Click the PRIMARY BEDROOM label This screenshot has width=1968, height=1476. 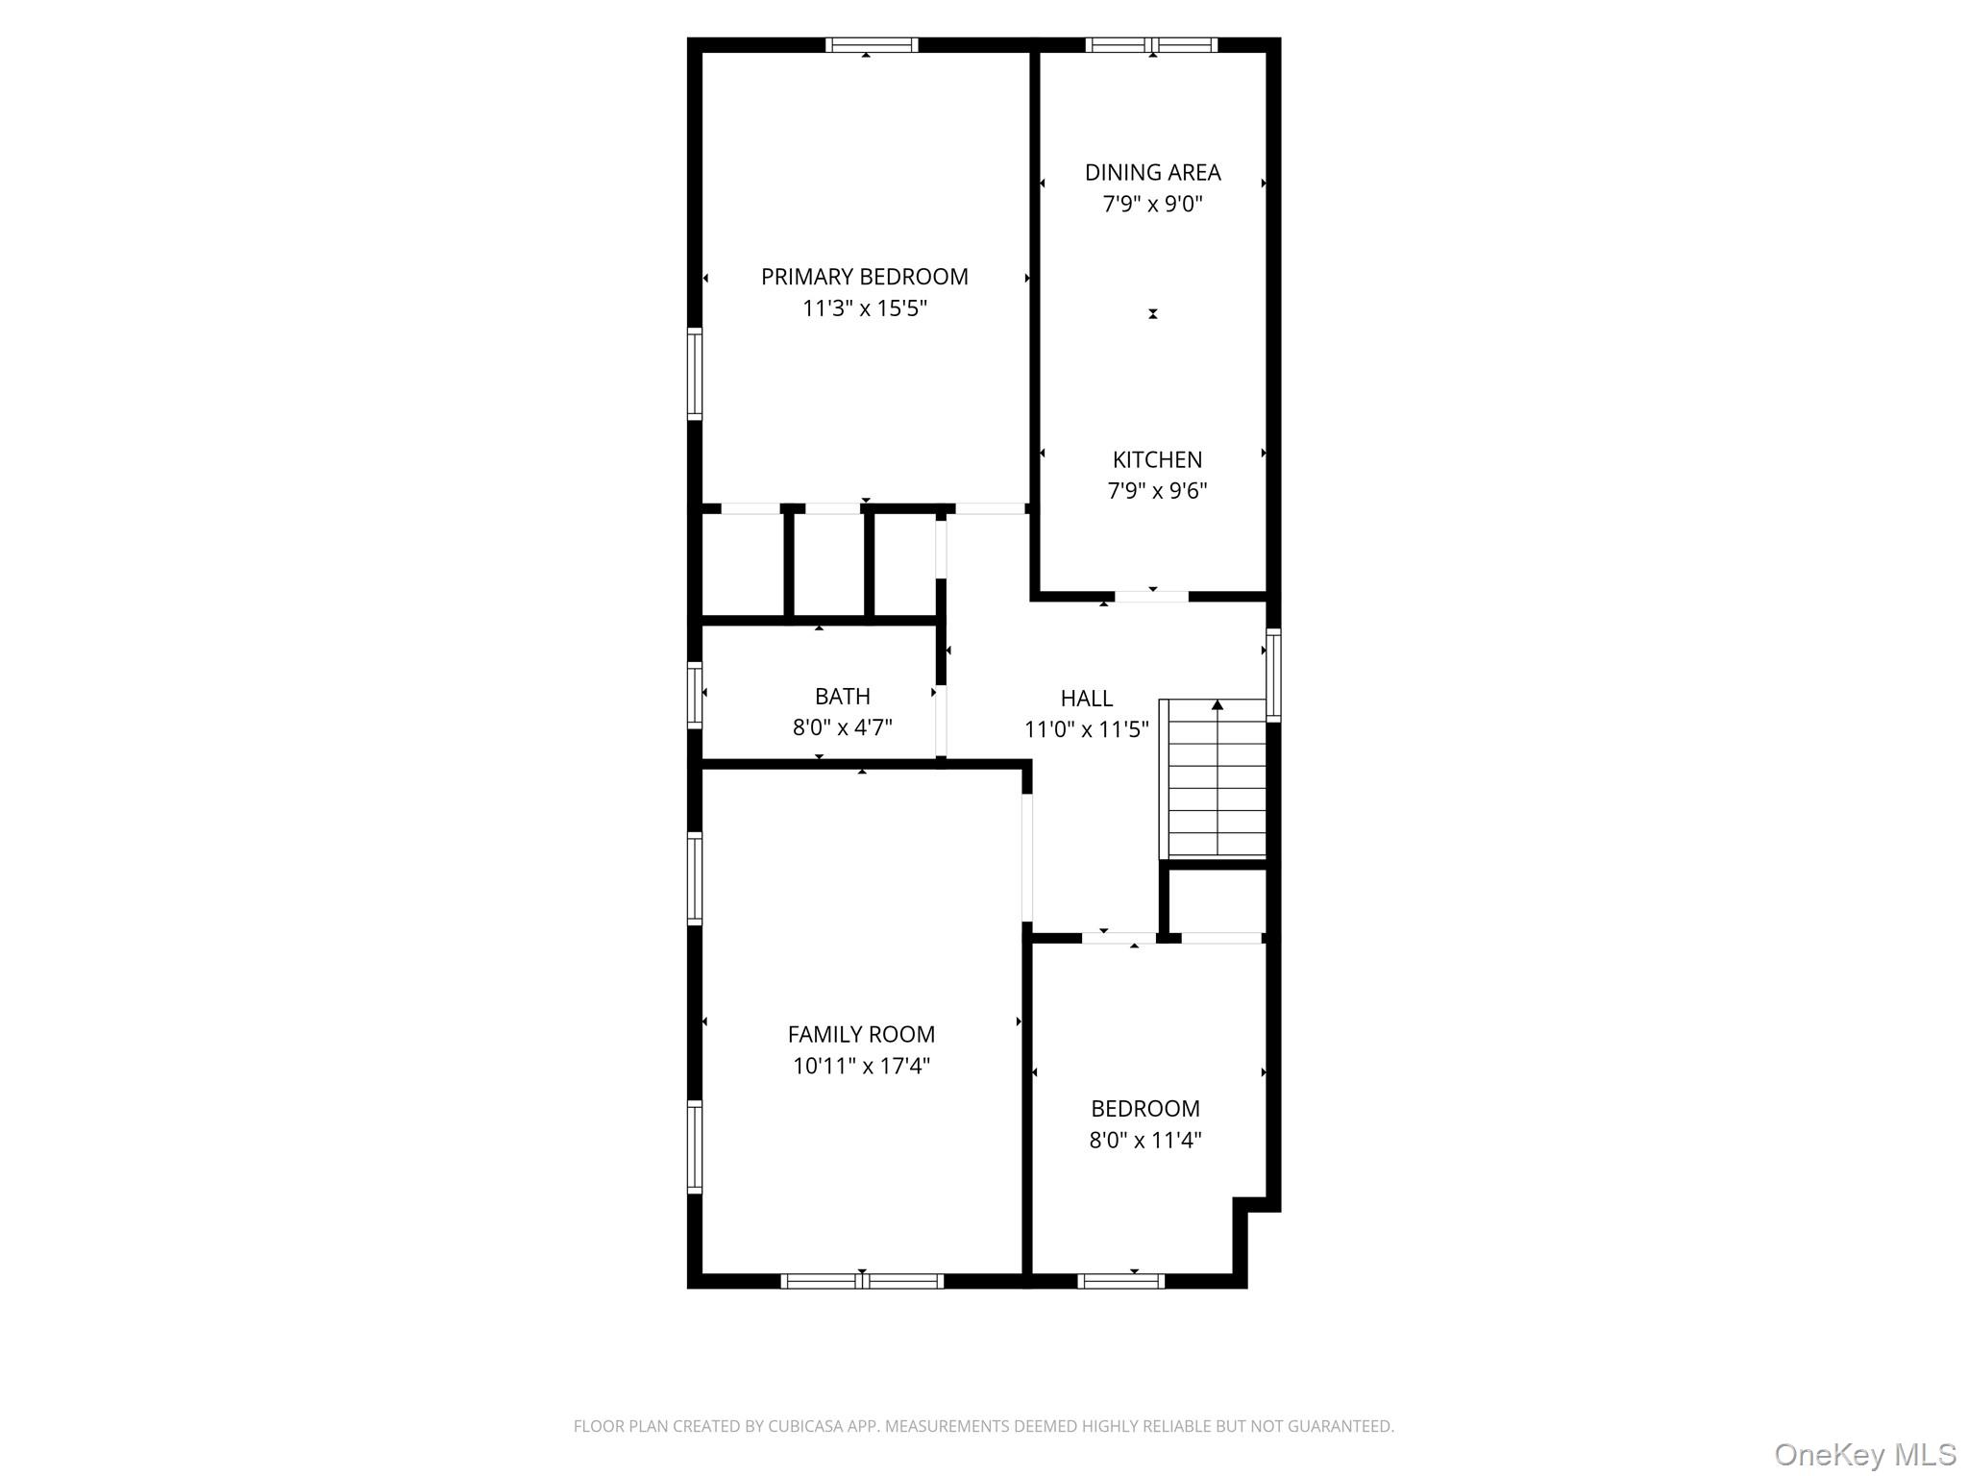[864, 277]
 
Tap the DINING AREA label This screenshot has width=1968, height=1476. [1152, 173]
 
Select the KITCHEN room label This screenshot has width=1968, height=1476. [1157, 459]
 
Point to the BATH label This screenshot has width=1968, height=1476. [842, 696]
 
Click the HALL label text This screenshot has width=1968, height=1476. [1086, 699]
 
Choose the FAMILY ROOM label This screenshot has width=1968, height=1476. [861, 1034]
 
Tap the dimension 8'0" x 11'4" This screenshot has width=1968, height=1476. [1144, 1141]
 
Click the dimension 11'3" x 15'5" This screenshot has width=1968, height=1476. [864, 308]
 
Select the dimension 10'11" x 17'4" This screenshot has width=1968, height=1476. [861, 1066]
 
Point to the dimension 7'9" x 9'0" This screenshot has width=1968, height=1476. [1152, 204]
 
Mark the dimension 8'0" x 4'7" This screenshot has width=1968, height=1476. [842, 727]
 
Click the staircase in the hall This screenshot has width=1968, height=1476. [1217, 778]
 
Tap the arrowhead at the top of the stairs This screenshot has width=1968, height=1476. [1218, 705]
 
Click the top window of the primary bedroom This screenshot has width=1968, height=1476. [872, 44]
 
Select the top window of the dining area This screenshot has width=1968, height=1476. [1151, 44]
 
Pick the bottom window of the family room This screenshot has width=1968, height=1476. [862, 1280]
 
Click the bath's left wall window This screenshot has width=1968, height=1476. [695, 694]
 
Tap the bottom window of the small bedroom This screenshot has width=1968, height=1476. [1120, 1280]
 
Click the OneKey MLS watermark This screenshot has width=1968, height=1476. [1864, 1454]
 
